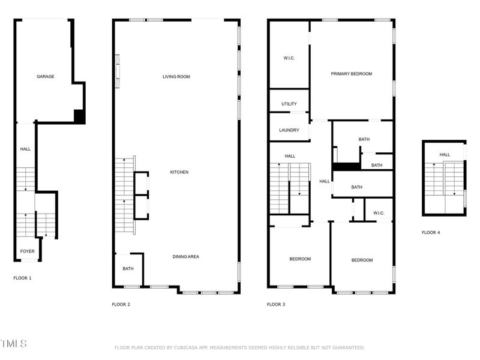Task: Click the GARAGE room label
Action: point(46,77)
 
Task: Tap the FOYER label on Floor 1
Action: point(27,251)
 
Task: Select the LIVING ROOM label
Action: point(176,77)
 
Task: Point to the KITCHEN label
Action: point(179,172)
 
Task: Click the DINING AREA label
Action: point(186,257)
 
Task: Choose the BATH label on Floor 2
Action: point(128,269)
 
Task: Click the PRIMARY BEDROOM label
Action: point(352,74)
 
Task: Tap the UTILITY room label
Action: point(289,104)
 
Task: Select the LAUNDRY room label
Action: point(289,131)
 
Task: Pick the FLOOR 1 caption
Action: point(23,278)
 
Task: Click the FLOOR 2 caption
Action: point(121,304)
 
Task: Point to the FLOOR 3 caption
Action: point(276,304)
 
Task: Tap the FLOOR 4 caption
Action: point(431,232)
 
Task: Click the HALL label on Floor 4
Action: point(445,155)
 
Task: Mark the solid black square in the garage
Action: point(79,116)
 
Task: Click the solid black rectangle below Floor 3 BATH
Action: point(346,167)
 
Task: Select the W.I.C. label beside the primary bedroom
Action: point(289,58)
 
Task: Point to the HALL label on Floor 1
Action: point(25,149)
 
